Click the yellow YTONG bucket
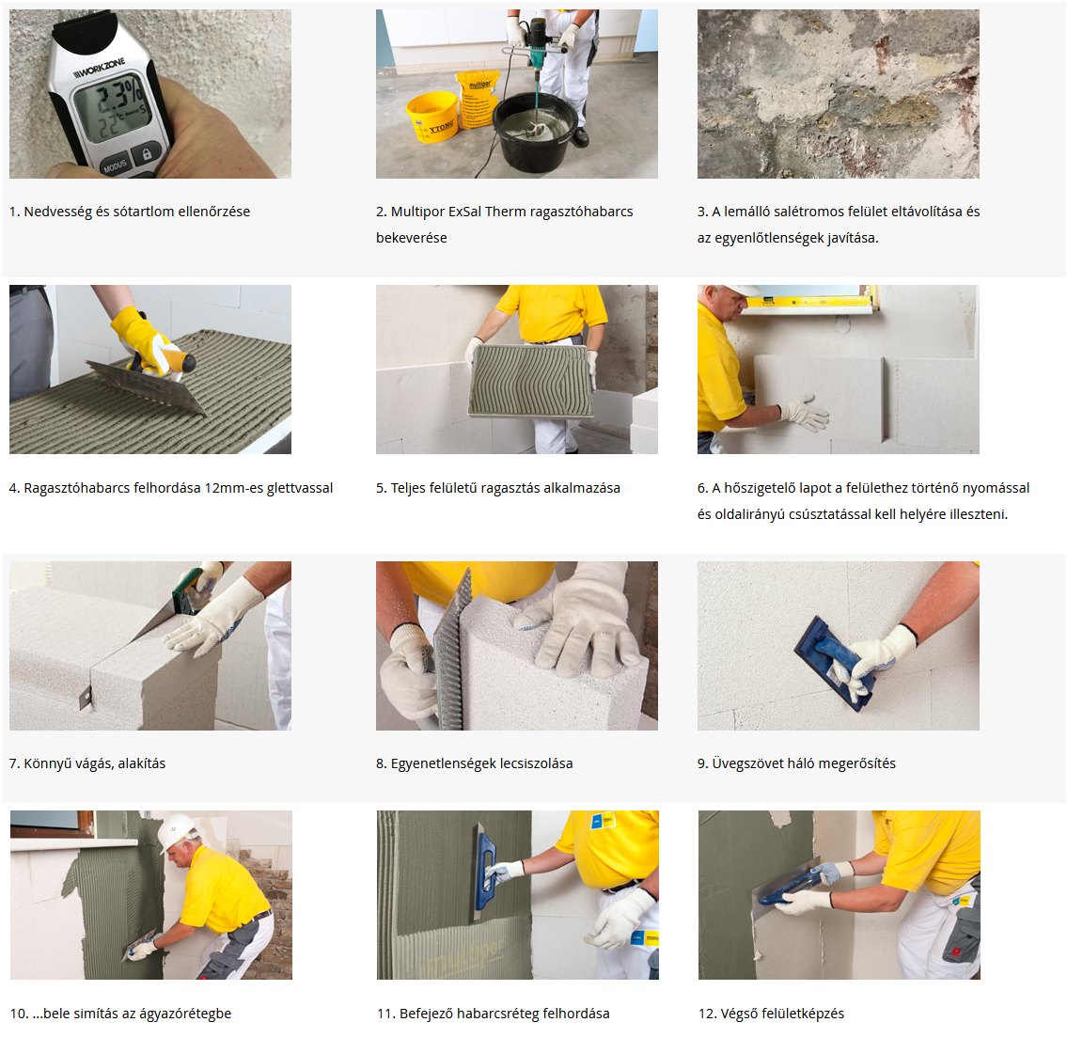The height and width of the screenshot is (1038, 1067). pyautogui.click(x=432, y=117)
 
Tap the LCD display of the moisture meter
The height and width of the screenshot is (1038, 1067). pyautogui.click(x=111, y=106)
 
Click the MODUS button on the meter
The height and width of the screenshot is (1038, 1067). pyautogui.click(x=115, y=165)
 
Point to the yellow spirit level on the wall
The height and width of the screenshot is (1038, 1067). pyautogui.click(x=809, y=302)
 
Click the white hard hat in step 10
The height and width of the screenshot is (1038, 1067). pyautogui.click(x=176, y=831)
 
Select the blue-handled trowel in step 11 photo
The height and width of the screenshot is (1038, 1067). pyautogui.click(x=484, y=872)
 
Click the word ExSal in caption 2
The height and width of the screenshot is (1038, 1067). pyautogui.click(x=464, y=212)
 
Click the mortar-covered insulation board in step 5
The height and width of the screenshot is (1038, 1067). pyautogui.click(x=531, y=381)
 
